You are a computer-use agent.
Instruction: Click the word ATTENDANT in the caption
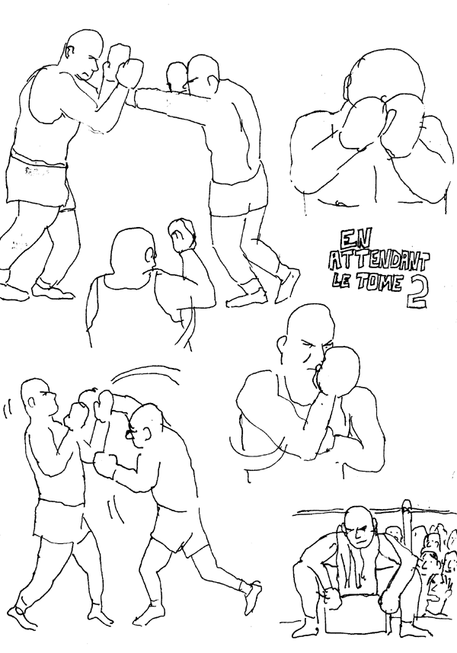point(378,261)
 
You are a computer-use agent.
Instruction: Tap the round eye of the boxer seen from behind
point(150,254)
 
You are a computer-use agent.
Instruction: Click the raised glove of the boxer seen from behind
point(181,235)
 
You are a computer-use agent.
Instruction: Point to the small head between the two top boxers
point(177,77)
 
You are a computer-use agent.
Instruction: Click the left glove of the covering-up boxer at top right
point(362,122)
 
